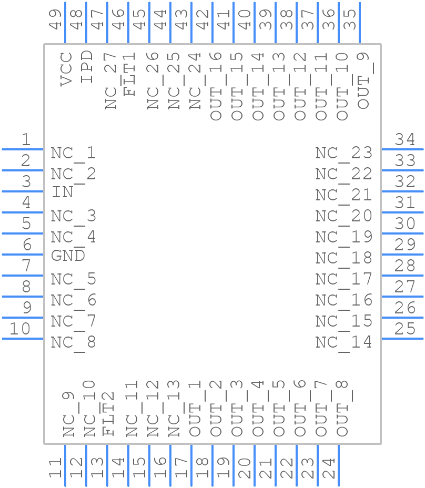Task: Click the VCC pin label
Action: [66, 69]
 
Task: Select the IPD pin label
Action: [87, 67]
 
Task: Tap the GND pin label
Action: [68, 256]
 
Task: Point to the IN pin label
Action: [62, 192]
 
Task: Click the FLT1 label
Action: [129, 74]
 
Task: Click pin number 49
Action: [56, 19]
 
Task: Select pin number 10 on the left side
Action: [20, 329]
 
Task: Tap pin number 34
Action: [405, 140]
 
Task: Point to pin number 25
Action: [405, 329]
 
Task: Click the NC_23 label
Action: [344, 154]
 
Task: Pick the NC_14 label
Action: [344, 343]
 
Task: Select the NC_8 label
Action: [73, 343]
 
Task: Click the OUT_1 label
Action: [195, 409]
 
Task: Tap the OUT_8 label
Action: [342, 409]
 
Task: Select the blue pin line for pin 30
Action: [402, 233]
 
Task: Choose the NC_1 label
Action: [73, 154]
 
